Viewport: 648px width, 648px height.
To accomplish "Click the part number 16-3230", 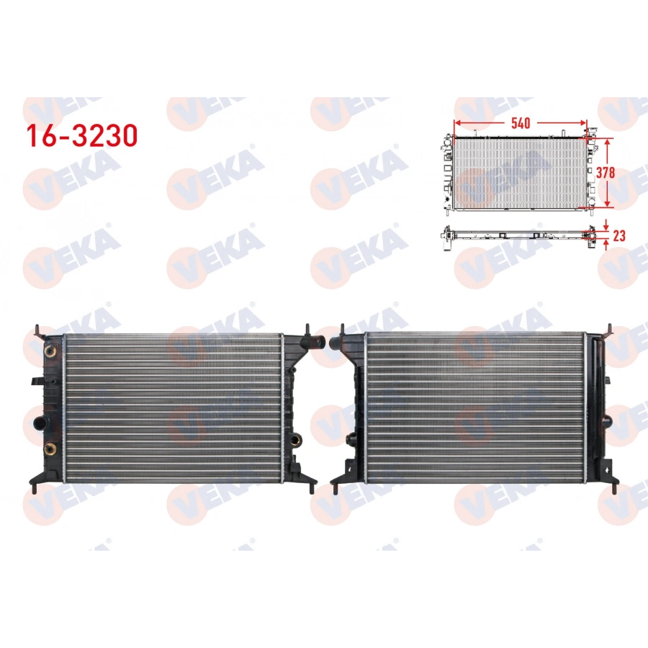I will pos(81,135).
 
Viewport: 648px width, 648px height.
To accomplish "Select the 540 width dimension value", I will pos(521,122).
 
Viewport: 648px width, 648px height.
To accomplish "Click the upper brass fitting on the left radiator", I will pos(49,352).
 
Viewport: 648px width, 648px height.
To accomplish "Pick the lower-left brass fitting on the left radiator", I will pos(49,449).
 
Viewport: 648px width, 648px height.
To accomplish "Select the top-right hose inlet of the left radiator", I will pos(317,339).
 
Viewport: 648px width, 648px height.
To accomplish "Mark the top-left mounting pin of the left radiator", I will pos(36,332).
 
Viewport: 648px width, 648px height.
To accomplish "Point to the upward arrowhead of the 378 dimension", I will pos(608,143).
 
